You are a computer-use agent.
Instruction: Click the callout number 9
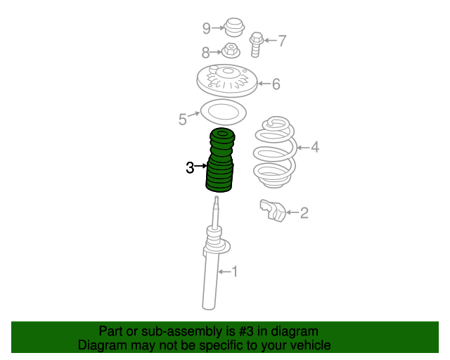[207, 28]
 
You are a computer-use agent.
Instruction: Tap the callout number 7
[283, 41]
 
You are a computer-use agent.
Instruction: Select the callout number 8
[205, 53]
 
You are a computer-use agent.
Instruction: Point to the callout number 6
[276, 84]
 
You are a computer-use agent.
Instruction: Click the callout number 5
[183, 119]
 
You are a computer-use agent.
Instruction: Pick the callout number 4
[315, 147]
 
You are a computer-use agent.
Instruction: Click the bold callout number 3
[190, 167]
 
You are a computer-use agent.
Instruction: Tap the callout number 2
[304, 213]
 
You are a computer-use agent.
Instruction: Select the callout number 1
[235, 271]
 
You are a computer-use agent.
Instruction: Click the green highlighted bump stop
[220, 160]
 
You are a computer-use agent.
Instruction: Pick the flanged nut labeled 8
[231, 51]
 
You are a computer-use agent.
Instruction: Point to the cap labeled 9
[234, 27]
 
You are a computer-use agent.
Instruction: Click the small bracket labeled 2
[273, 211]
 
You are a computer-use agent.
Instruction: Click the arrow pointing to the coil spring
[304, 148]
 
